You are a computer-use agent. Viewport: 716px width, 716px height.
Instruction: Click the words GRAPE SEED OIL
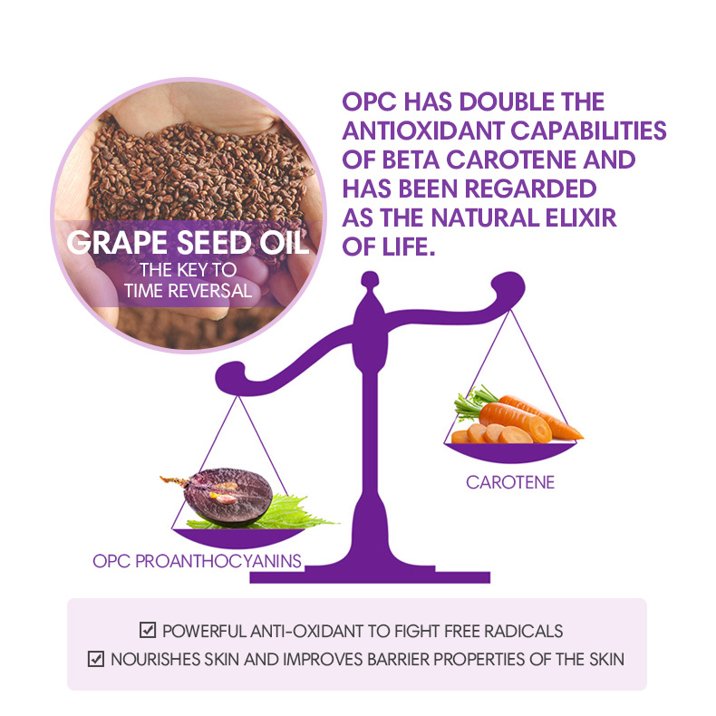pos(189,242)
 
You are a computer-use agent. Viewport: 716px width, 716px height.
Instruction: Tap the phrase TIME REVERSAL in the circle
pos(188,291)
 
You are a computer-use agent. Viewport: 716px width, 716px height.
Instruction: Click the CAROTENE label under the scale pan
pos(510,482)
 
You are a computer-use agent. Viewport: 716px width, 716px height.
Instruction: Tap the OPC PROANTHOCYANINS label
pos(197,561)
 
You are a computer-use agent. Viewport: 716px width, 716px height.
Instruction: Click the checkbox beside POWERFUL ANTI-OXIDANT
pos(148,630)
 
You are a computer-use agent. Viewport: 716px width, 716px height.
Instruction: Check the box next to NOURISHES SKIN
pos(96,659)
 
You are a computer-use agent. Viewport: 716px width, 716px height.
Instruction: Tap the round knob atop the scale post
pos(370,279)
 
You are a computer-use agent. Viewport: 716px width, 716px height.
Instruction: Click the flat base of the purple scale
pos(370,576)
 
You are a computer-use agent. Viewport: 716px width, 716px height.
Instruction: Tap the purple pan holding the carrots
pos(510,452)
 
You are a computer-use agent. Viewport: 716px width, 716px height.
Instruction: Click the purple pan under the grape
pos(237,538)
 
